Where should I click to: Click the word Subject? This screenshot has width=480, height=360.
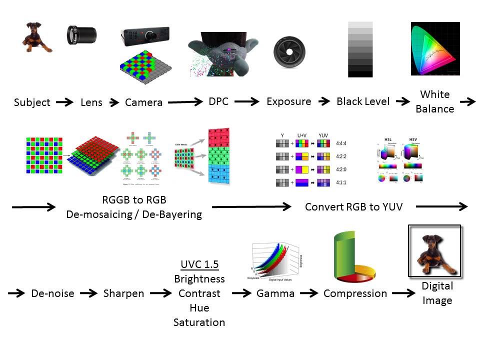coord(32,102)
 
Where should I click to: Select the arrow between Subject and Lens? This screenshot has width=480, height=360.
coord(65,102)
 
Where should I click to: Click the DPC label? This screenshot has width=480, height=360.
coord(218,101)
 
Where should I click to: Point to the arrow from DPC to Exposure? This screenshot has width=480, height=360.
coord(247,101)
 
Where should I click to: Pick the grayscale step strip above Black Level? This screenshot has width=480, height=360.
coord(360,49)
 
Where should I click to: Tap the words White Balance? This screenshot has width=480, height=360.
coord(434,101)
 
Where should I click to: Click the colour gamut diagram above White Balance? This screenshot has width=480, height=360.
coord(434,48)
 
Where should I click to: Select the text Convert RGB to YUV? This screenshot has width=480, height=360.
coord(354,206)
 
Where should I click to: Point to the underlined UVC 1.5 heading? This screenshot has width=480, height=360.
coord(199,265)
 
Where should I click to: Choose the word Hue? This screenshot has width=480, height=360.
coord(199,308)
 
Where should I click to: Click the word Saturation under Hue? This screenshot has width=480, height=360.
coord(199,322)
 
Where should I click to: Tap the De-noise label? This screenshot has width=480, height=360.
coord(52,293)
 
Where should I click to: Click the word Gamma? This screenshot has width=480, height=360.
coord(275,293)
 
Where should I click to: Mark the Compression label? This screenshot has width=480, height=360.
coord(355,293)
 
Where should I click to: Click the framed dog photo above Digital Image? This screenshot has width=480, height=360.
coord(434,250)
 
